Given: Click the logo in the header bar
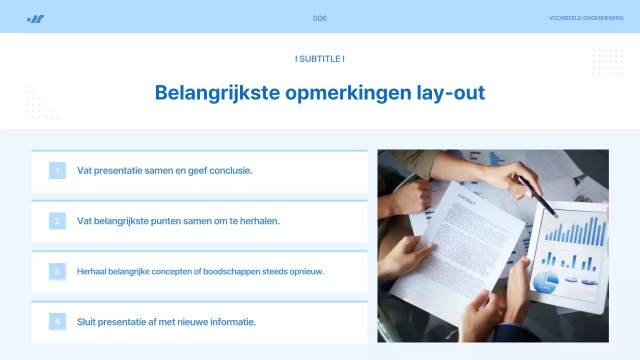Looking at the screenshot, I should (x=35, y=19).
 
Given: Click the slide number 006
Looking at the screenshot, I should (x=319, y=18).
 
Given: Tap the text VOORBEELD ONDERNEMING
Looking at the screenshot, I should (x=586, y=18).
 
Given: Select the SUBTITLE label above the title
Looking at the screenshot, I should (x=319, y=59).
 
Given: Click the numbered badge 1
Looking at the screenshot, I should (x=57, y=171).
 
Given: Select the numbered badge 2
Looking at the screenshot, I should (x=57, y=221).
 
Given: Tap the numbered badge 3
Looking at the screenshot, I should (x=57, y=271).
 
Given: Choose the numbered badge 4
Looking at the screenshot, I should (x=57, y=321).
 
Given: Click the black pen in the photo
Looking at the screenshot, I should (x=537, y=196).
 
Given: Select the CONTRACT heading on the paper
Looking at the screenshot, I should (x=466, y=199).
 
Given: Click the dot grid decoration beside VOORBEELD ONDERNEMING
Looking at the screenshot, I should (x=607, y=62).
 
